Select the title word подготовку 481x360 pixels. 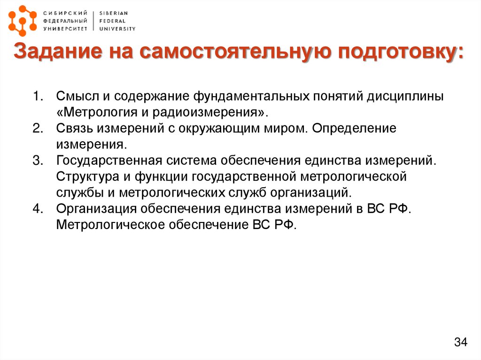click(397, 53)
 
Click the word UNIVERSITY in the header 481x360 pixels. click(117, 29)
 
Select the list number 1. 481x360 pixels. click(37, 97)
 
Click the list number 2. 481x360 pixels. click(37, 129)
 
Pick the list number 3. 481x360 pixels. click(37, 161)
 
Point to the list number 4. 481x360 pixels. click(37, 209)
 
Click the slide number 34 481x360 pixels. click(460, 343)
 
